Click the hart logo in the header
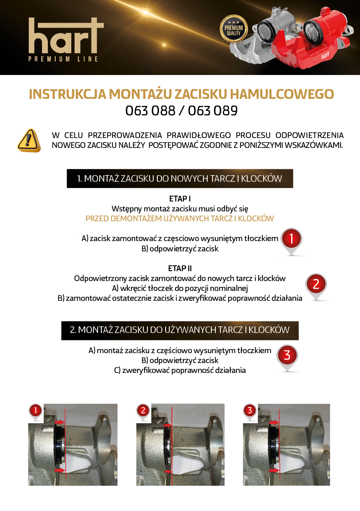66,36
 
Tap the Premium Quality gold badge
234,28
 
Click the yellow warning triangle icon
29,141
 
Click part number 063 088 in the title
150,111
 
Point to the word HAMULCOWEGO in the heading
281,94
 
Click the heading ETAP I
180,199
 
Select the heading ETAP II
180,269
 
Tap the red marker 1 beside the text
291,239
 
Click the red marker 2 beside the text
316,284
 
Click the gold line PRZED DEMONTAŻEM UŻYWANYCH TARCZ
180,218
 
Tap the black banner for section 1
180,178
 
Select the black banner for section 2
180,330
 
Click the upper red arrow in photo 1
60,422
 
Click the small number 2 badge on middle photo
143,410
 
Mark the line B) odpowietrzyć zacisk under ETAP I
180,248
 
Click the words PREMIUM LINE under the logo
63,59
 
